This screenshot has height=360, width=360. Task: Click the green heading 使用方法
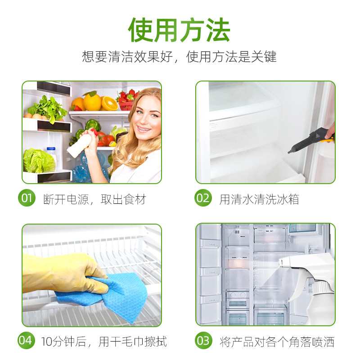[179, 30]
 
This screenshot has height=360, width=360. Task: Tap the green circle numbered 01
[27, 198]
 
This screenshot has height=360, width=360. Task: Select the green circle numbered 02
[203, 198]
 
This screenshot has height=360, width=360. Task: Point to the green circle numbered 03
[203, 341]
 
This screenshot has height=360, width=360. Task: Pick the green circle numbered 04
[26, 341]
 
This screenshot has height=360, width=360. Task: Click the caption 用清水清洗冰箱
[259, 199]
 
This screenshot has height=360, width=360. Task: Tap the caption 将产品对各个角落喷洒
[277, 342]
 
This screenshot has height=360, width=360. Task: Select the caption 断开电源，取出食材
[94, 199]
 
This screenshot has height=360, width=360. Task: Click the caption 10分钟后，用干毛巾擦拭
[104, 342]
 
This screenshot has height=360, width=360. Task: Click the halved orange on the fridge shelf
[109, 103]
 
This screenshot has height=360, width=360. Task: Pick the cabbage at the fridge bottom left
[39, 161]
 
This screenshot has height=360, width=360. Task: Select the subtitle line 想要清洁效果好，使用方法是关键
[179, 57]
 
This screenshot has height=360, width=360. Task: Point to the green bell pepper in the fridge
[93, 125]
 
